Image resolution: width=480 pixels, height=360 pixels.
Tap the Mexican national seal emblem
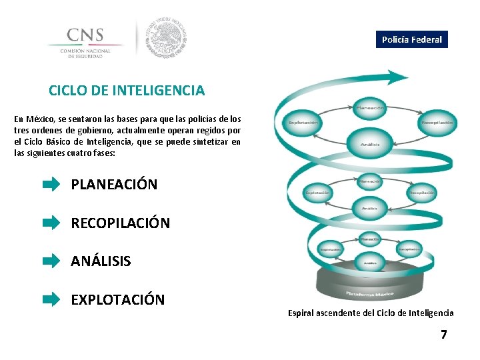[x=167, y=37]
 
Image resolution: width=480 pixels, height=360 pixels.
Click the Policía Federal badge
[x=411, y=39]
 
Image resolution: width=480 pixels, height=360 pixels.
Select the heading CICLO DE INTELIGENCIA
[x=127, y=90]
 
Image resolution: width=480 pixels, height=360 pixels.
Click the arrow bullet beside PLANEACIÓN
[x=51, y=185]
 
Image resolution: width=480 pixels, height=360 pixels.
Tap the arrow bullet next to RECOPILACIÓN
[x=51, y=223]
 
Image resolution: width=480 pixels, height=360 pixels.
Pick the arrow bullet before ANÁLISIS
[x=51, y=261]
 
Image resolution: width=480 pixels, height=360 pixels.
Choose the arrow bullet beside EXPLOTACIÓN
[x=51, y=300]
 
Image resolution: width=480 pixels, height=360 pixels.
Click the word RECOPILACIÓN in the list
[x=121, y=223]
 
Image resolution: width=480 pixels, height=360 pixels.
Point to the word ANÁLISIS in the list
[x=101, y=261]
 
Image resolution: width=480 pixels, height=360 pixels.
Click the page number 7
[x=443, y=334]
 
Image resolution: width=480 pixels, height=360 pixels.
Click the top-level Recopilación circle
[x=437, y=123]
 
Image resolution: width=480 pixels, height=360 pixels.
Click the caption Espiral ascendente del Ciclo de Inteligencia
[x=371, y=313]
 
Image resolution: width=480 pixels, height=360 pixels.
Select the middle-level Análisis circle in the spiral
[x=370, y=207]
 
